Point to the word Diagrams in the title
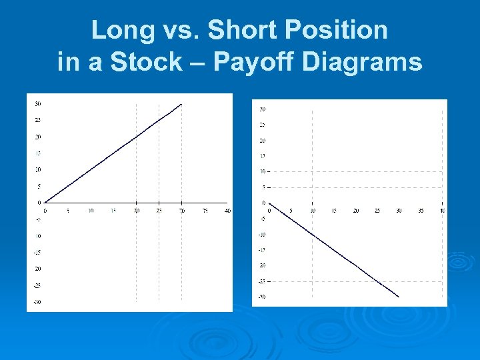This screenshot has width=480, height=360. (x=362, y=62)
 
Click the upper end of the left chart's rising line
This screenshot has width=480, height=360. (x=181, y=104)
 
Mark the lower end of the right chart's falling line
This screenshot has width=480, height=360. (x=399, y=297)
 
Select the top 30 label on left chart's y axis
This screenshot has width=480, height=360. (x=38, y=104)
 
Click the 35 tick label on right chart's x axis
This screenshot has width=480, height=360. (x=420, y=211)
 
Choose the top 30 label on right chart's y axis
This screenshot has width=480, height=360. (x=263, y=109)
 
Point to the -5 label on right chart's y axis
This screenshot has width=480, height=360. (x=263, y=218)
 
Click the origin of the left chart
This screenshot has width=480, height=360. (x=45, y=203)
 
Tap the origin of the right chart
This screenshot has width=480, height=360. (x=269, y=203)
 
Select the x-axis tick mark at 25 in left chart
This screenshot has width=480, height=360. (x=159, y=203)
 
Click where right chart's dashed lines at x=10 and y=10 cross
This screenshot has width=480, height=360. (x=312, y=171)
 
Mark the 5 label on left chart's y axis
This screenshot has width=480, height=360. (x=39, y=186)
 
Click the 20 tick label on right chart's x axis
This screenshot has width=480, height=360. (x=355, y=211)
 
